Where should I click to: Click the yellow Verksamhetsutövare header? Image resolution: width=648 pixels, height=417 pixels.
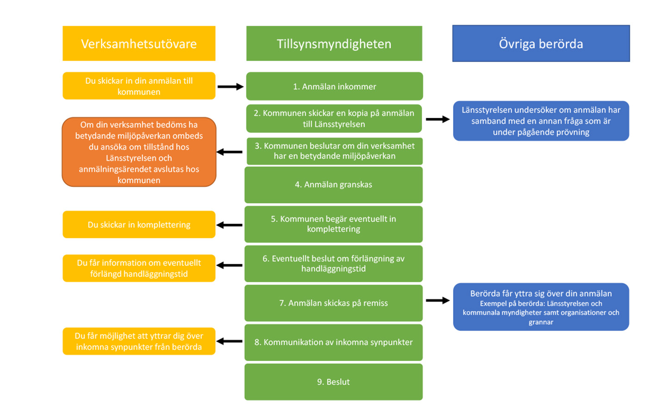coord(139,44)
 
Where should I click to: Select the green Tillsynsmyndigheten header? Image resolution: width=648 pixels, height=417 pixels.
coord(334,44)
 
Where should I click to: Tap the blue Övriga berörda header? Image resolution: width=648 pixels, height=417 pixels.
coord(541,44)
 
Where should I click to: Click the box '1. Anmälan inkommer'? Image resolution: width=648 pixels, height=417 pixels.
coord(334,86)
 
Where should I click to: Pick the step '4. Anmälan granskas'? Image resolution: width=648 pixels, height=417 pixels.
coord(333,185)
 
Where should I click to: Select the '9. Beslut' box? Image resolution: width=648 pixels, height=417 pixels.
coord(333,382)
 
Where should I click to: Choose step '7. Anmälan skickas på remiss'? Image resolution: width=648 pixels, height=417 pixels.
coord(333,303)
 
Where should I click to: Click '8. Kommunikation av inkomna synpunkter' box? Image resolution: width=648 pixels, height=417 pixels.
coord(333,342)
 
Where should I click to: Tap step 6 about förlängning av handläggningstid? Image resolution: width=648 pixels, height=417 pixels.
coord(333,264)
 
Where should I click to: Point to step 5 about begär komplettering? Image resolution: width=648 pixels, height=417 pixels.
coord(333,224)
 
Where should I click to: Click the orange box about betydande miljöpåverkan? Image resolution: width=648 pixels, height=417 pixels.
coord(139,152)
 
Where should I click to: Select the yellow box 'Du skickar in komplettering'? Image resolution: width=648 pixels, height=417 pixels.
coord(139,224)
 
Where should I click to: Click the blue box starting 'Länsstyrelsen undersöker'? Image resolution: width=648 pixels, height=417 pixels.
coord(541,121)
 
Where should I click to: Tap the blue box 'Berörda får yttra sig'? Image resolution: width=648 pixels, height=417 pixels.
coord(541,307)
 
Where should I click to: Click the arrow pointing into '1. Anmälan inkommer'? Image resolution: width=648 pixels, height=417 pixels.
coord(231,87)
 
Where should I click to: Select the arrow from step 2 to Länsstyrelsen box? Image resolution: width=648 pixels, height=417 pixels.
coord(437,119)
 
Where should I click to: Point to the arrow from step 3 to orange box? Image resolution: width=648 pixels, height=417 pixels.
coord(230,152)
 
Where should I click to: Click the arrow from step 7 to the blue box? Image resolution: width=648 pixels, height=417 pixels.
coord(437,300)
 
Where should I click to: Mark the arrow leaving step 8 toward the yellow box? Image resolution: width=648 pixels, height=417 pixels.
coord(230,342)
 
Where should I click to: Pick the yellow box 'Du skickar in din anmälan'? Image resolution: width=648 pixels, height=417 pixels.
coord(139,86)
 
